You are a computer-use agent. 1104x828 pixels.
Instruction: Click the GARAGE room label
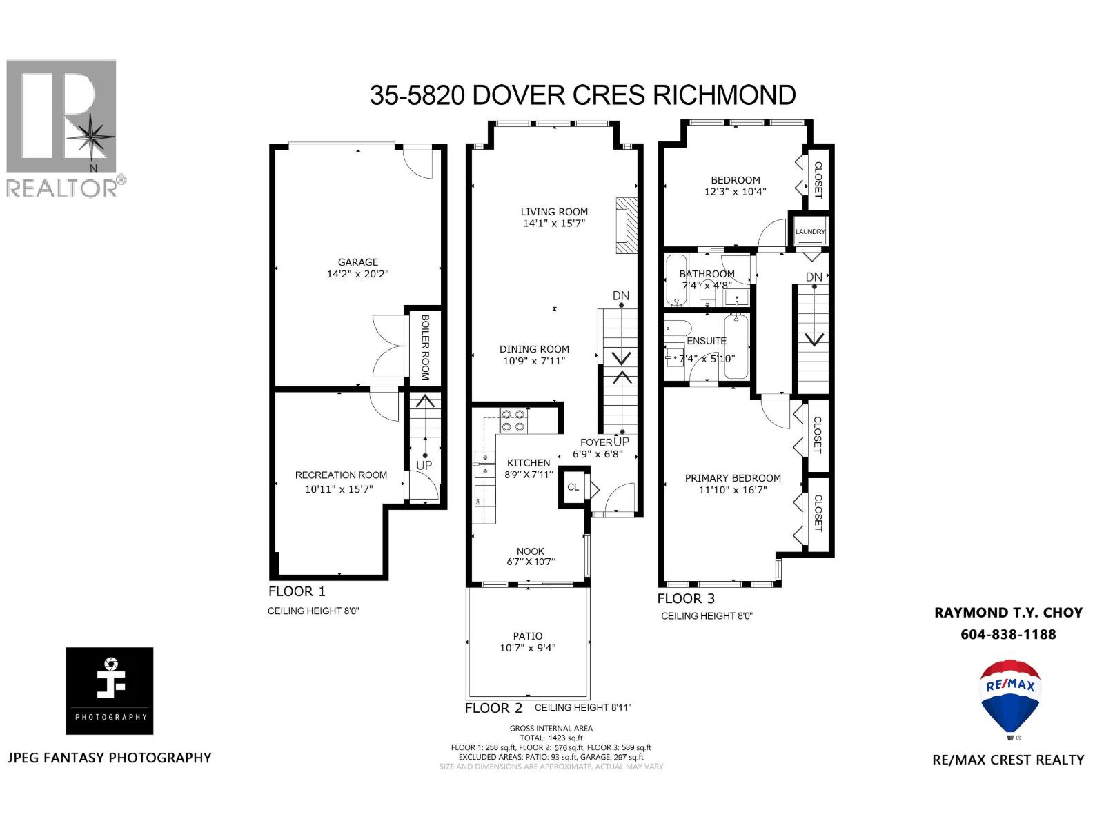pos(357,262)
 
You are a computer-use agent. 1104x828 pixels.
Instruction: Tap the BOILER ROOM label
pos(425,347)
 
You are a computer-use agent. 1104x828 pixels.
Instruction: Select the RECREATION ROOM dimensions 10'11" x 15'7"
pos(341,489)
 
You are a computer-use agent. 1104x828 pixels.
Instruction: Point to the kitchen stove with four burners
pos(513,420)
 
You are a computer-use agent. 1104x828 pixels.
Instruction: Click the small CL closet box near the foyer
pos(573,487)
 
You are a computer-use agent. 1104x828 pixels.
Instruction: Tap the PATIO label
pos(527,636)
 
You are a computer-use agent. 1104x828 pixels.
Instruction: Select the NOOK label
pos(530,551)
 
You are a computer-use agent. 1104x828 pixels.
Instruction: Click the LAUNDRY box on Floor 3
pos(810,232)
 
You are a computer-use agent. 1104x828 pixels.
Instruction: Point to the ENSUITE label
pos(707,341)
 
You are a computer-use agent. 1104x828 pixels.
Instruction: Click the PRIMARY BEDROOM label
pos(733,478)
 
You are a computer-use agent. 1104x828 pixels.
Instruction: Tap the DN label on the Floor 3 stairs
pos(814,277)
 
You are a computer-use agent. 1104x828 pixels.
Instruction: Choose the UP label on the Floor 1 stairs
pos(424,466)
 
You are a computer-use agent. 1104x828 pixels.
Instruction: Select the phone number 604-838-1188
pos(1008,634)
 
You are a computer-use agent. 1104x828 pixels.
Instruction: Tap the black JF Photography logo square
pos(110,691)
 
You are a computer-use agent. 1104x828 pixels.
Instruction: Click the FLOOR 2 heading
pos(493,708)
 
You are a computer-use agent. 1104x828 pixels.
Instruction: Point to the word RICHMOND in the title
pos(724,95)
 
